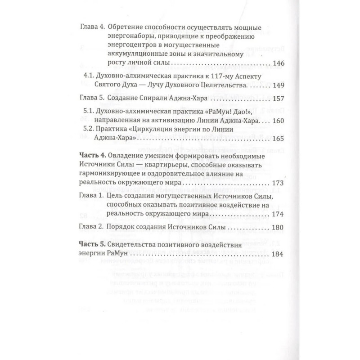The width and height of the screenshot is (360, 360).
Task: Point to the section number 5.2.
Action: [x=91, y=130]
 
